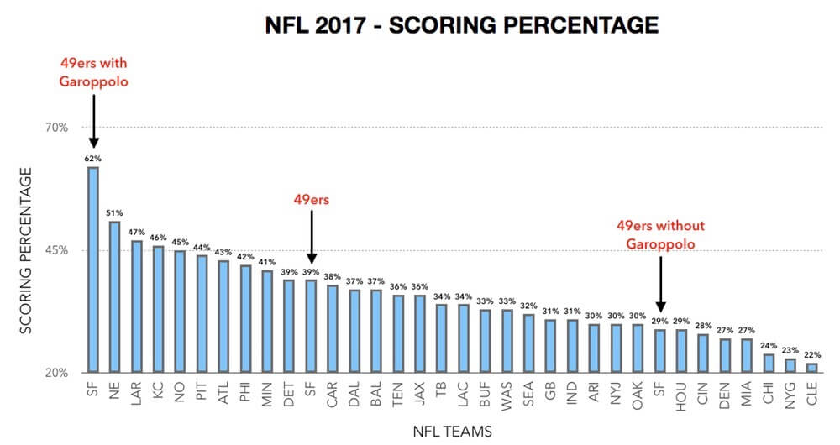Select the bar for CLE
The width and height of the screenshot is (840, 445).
pyautogui.click(x=811, y=367)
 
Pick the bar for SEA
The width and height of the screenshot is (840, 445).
pyautogui.click(x=528, y=343)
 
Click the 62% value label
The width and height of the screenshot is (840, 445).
pyautogui.click(x=92, y=158)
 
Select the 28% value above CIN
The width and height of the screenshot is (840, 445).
pyautogui.click(x=703, y=325)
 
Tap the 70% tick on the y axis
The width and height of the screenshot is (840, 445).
pyautogui.click(x=56, y=128)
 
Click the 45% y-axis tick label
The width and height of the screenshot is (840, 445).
pyautogui.click(x=56, y=250)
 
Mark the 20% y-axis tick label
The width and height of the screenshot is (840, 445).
pyautogui.click(x=56, y=373)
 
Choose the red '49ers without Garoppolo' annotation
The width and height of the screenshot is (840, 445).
pyautogui.click(x=660, y=234)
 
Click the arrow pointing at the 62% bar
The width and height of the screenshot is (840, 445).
pyautogui.click(x=93, y=119)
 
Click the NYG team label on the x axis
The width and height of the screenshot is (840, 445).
pyautogui.click(x=790, y=394)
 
